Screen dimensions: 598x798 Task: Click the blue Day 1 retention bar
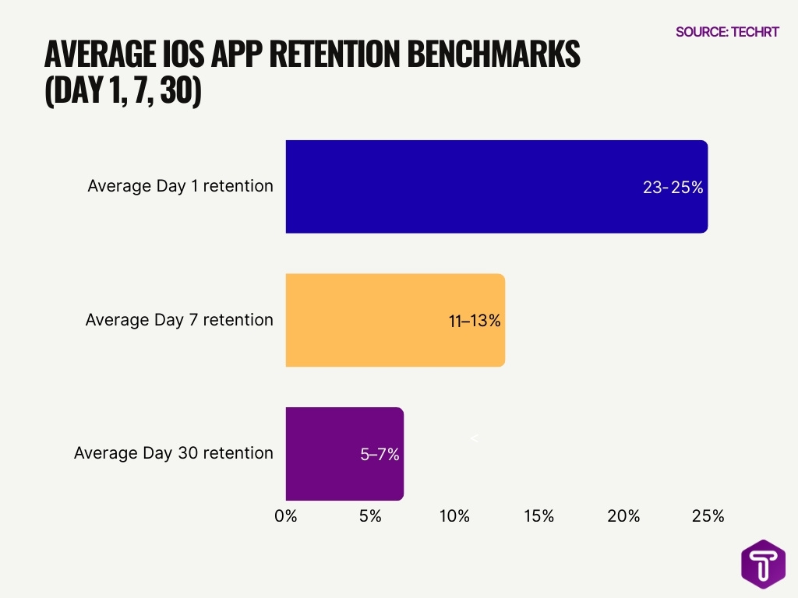click(x=468, y=187)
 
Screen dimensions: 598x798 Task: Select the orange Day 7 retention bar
click(x=374, y=320)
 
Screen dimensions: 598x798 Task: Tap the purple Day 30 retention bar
click(x=327, y=453)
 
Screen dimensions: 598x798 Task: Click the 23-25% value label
click(x=673, y=188)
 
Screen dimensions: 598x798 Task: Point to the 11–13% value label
click(x=475, y=320)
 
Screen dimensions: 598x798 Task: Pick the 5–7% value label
click(x=380, y=454)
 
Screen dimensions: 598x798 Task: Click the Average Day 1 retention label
click(x=180, y=186)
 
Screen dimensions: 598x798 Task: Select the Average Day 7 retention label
click(x=179, y=319)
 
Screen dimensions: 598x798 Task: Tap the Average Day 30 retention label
click(x=173, y=452)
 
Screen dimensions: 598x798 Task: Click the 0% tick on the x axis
click(x=286, y=515)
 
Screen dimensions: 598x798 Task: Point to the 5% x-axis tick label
click(x=370, y=515)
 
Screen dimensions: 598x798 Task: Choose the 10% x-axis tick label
click(x=454, y=515)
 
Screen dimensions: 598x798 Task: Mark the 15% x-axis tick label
click(x=538, y=515)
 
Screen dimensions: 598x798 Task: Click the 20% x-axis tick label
click(x=623, y=515)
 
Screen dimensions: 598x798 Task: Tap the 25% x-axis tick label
click(x=708, y=515)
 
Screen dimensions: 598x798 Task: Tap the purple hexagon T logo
click(x=763, y=564)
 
